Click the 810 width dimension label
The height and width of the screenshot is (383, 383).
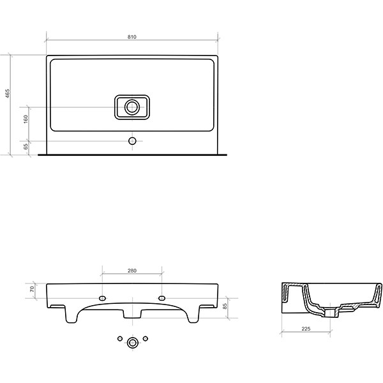(x=132, y=38)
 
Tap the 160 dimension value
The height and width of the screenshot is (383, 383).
(x=26, y=119)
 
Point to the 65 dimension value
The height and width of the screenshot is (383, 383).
(x=26, y=146)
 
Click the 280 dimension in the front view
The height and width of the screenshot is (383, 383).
(x=132, y=271)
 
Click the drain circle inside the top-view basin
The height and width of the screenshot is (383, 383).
(x=132, y=107)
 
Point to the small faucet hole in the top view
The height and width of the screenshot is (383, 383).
(x=132, y=139)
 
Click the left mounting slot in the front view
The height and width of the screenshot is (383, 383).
(x=103, y=297)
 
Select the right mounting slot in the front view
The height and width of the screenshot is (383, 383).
(x=161, y=297)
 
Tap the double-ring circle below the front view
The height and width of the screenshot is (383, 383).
(x=132, y=343)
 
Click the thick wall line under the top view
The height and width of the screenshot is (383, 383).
(x=132, y=155)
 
